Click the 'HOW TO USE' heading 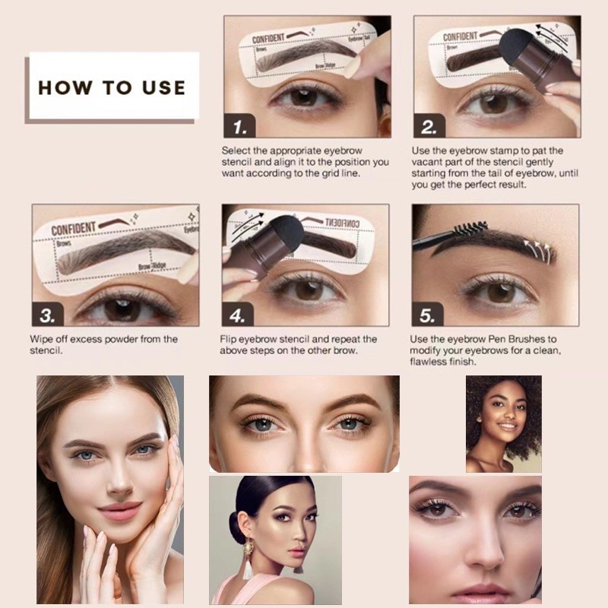(x=112, y=87)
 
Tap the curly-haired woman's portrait (x=503, y=423)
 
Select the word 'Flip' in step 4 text (x=230, y=339)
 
